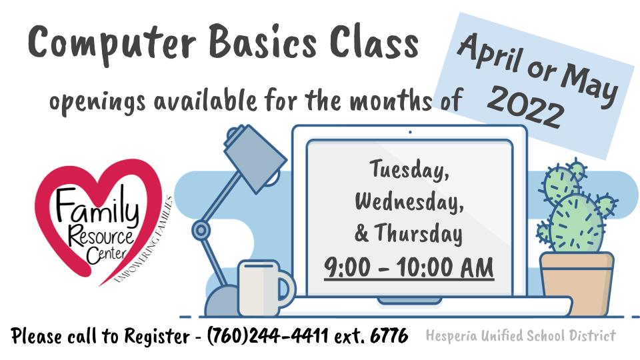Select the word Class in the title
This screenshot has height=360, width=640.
[x=374, y=41]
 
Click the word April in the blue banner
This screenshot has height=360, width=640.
[x=490, y=54]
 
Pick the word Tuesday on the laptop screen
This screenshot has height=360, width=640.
[x=409, y=170]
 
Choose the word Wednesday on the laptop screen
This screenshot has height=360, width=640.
[x=409, y=201]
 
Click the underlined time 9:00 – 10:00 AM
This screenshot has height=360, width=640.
[x=409, y=268]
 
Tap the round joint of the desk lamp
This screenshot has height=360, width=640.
[x=201, y=230]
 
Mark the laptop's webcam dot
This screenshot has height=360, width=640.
[x=410, y=132]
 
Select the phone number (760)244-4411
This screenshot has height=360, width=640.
[x=268, y=335]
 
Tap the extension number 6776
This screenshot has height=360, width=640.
[x=389, y=335]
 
